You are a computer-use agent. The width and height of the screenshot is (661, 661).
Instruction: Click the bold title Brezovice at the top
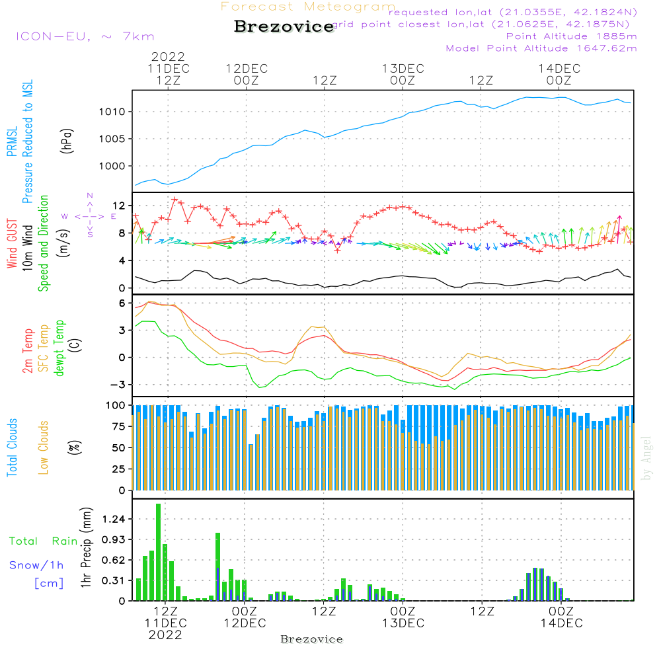coord(284,27)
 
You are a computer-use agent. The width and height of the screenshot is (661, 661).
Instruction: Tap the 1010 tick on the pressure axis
coord(113,112)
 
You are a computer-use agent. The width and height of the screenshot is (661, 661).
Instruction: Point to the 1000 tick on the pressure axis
coord(113,167)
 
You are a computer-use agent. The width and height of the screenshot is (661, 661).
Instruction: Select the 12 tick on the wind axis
coord(118,205)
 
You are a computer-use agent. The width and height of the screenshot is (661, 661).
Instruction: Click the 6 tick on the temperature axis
coord(121,303)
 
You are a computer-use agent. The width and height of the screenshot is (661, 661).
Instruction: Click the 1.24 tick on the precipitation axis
coord(112,520)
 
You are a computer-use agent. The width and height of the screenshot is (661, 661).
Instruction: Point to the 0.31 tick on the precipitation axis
coord(112,580)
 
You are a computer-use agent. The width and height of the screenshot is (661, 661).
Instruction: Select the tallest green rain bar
coord(159,552)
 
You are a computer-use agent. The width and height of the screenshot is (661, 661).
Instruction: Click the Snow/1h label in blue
coord(36,565)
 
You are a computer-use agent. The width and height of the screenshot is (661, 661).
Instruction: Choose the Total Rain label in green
coord(43,541)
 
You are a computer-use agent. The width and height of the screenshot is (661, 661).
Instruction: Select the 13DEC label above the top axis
coord(403,68)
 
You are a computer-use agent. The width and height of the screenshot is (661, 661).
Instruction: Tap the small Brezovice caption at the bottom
coord(311,639)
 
